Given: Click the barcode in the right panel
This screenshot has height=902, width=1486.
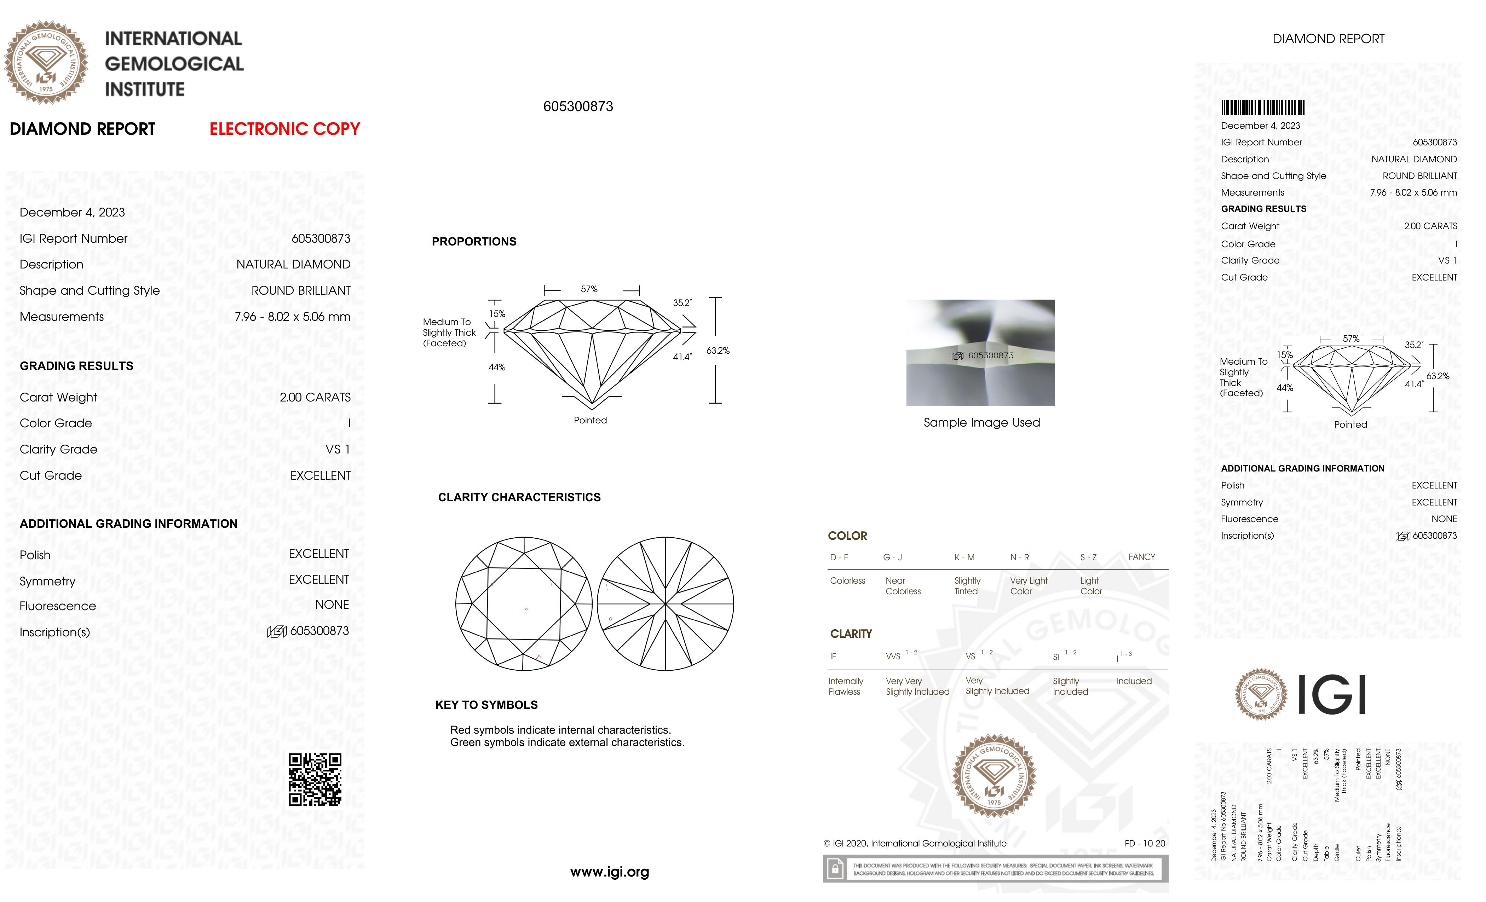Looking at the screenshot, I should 1262,108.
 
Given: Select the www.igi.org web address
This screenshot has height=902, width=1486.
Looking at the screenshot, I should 609,872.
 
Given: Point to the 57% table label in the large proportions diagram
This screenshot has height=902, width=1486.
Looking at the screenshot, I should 589,289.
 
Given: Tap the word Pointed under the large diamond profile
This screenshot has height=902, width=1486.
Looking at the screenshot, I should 590,420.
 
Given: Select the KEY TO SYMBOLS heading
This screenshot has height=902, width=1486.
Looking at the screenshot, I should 486,705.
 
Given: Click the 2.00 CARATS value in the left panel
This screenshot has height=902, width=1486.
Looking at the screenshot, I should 315,397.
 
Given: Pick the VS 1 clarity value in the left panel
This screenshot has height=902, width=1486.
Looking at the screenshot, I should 337,449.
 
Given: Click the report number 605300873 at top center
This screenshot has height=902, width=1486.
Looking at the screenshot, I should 578,107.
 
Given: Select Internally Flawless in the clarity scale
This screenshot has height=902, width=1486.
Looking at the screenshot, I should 846,686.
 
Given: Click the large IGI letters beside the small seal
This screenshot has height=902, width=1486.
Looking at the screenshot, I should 1331,695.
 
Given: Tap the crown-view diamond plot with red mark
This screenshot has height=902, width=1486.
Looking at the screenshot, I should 524,603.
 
